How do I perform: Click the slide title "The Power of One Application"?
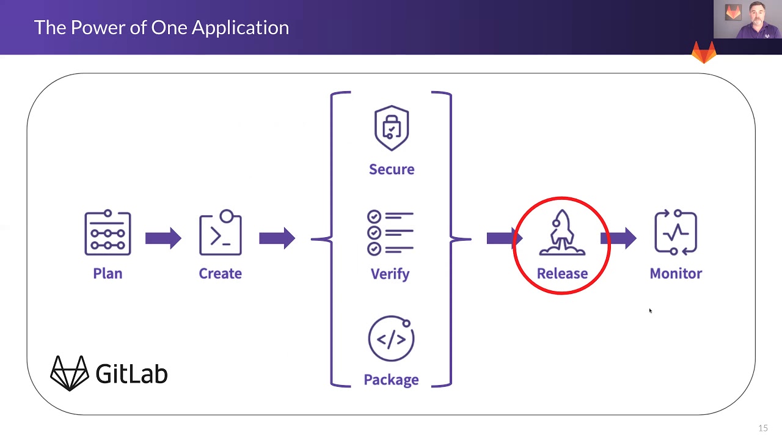pyautogui.click(x=161, y=28)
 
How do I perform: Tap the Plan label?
pyautogui.click(x=108, y=273)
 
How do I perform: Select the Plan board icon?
pyautogui.click(x=108, y=233)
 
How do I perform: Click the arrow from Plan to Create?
pyautogui.click(x=163, y=238)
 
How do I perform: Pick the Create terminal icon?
pyautogui.click(x=221, y=233)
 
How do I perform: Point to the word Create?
pyautogui.click(x=220, y=273)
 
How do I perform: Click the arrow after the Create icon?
pyautogui.click(x=277, y=238)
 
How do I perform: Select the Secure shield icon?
pyautogui.click(x=392, y=128)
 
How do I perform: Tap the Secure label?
pyautogui.click(x=392, y=169)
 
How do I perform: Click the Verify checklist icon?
pyautogui.click(x=390, y=233)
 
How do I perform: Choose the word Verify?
pyautogui.click(x=390, y=273)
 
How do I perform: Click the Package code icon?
pyautogui.click(x=391, y=338)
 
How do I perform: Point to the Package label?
pyautogui.click(x=391, y=380)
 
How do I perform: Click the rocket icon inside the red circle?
pyautogui.click(x=562, y=233)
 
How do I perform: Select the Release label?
pyautogui.click(x=562, y=273)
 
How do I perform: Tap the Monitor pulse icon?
pyautogui.click(x=676, y=233)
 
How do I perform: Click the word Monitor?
pyautogui.click(x=676, y=273)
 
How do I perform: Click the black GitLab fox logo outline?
pyautogui.click(x=69, y=373)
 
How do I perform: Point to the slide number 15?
pyautogui.click(x=762, y=428)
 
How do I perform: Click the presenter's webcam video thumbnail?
pyautogui.click(x=747, y=20)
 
